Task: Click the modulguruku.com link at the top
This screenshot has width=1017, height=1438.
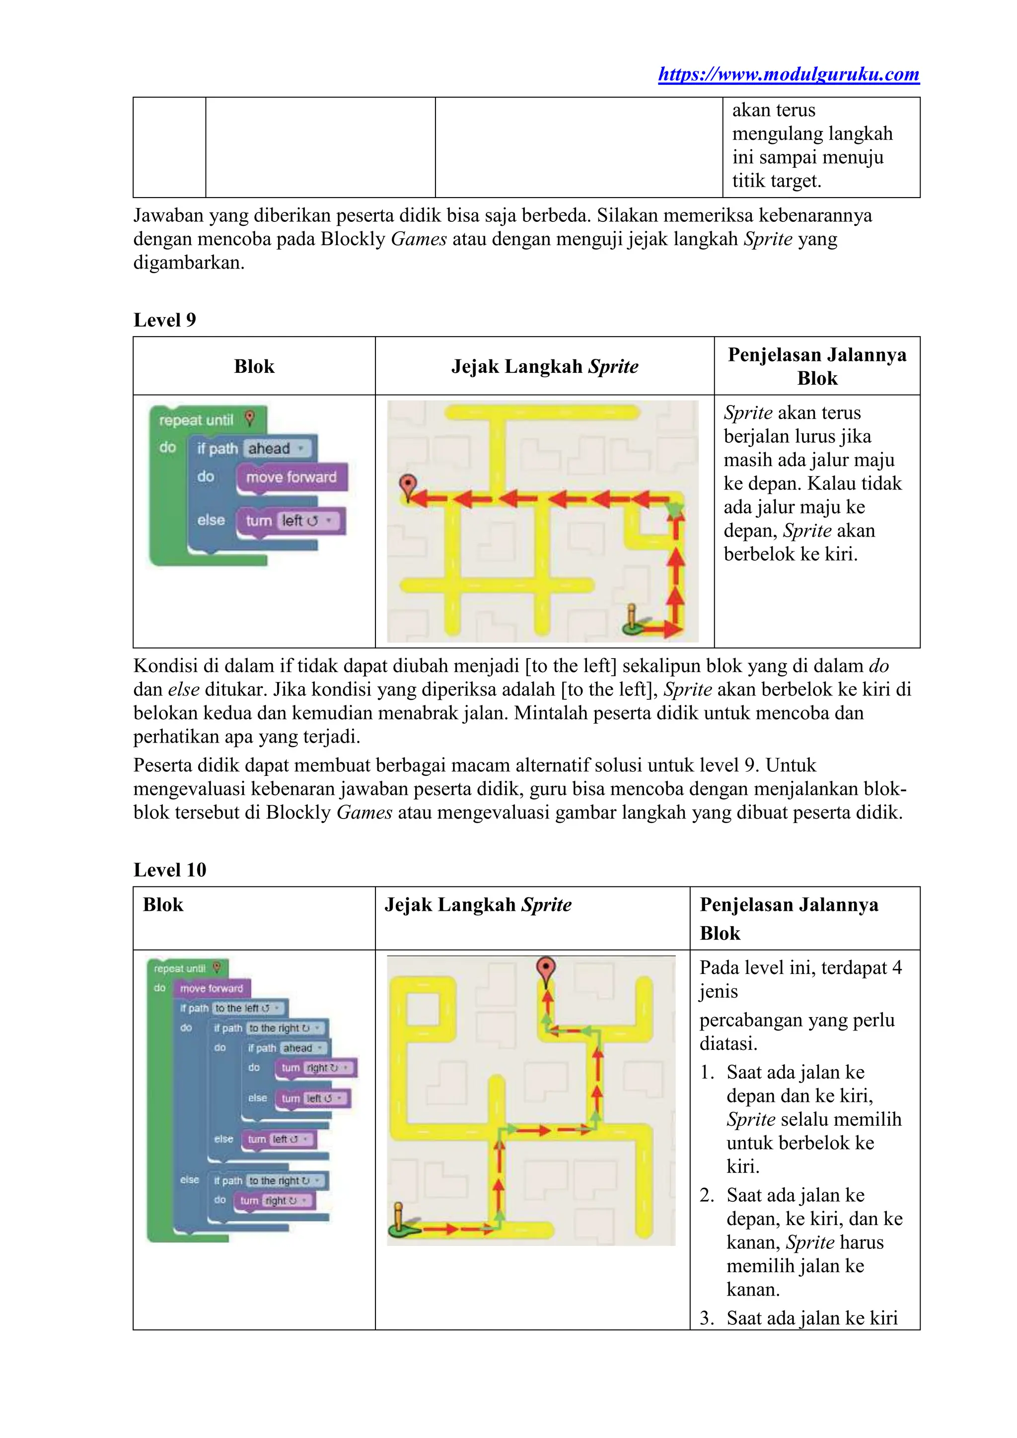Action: point(788,74)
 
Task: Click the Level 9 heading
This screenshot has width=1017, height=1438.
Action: point(165,320)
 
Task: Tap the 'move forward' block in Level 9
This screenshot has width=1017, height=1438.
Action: point(291,477)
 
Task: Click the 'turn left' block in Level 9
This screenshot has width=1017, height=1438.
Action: point(291,521)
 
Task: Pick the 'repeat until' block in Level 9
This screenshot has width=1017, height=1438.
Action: point(196,419)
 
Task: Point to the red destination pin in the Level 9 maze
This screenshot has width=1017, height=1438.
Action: point(408,485)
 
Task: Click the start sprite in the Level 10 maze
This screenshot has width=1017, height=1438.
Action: point(399,1221)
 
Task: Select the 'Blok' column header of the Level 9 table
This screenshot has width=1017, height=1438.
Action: point(254,366)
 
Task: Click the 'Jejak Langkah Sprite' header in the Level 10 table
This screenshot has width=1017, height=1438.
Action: point(478,904)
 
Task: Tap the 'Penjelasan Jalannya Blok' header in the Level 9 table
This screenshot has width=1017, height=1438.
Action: point(816,366)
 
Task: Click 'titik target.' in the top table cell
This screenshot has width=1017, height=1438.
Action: point(776,181)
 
